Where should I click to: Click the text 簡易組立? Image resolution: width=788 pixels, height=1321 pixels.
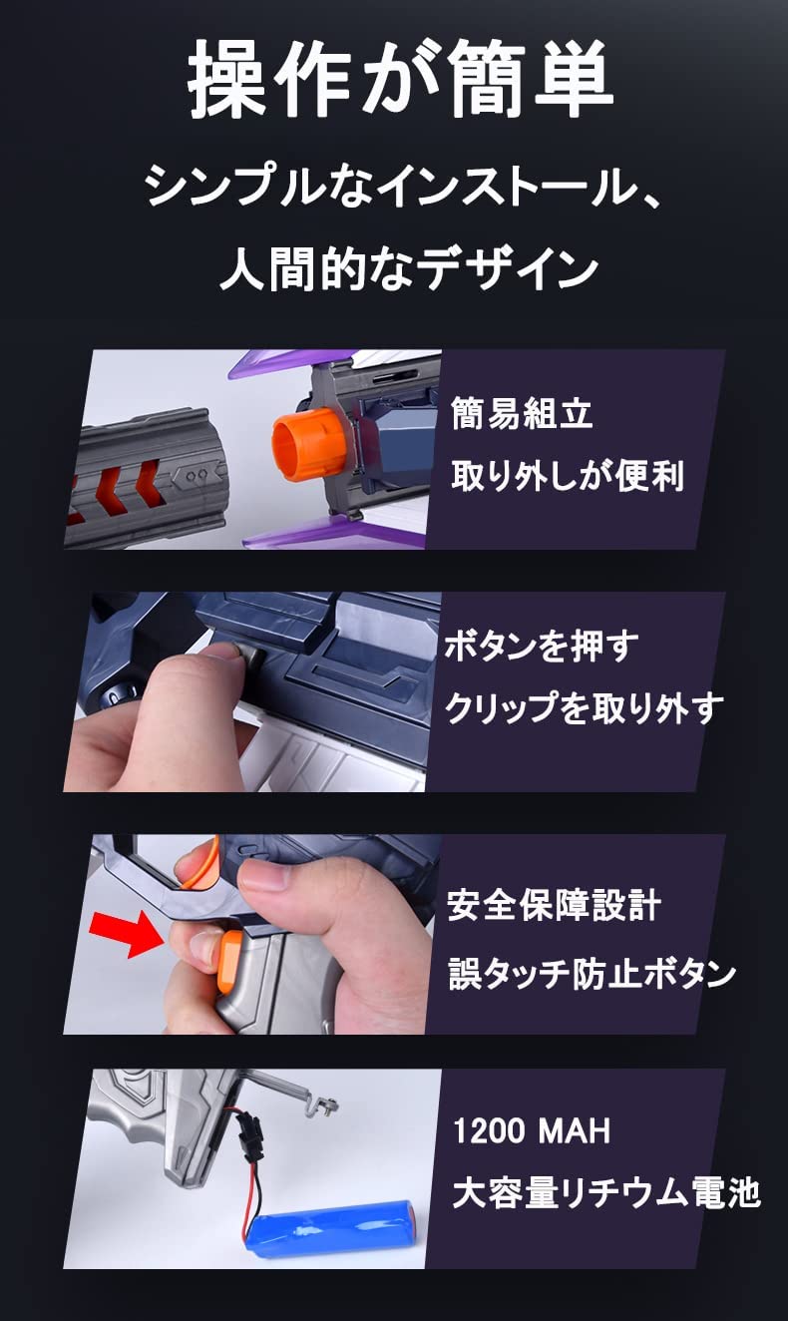click(x=522, y=413)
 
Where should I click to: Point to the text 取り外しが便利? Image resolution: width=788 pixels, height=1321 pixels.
click(x=567, y=475)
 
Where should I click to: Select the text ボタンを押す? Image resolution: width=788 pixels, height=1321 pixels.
click(x=540, y=647)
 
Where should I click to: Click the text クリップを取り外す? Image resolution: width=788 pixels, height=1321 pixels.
click(x=584, y=708)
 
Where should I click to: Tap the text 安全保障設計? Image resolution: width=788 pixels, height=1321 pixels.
click(x=554, y=906)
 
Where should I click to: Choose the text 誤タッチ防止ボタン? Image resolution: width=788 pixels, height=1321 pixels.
click(x=591, y=973)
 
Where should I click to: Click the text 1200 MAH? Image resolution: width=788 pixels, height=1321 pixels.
click(x=531, y=1131)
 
